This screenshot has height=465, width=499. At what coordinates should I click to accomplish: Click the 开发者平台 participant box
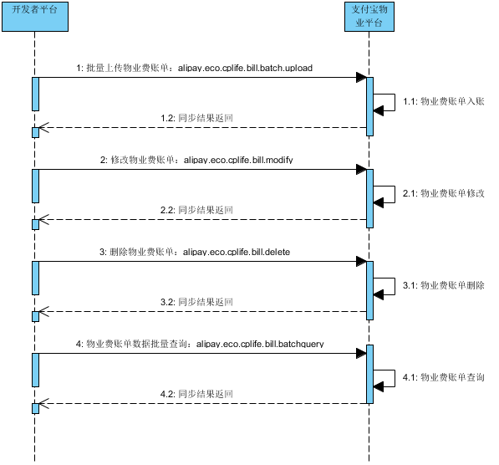[35, 17]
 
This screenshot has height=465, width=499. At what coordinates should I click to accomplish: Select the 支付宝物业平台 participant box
[369, 17]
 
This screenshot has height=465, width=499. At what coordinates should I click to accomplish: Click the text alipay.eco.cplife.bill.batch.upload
[245, 68]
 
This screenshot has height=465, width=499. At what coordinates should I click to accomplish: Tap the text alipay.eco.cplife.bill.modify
[238, 160]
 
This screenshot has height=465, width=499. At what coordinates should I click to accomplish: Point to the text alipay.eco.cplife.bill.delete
[237, 253]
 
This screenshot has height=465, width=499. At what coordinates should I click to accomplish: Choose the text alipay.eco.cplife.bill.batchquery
[260, 344]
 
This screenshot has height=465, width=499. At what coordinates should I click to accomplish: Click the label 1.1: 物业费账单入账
[444, 101]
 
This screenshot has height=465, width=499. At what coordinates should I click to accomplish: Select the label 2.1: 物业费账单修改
[444, 193]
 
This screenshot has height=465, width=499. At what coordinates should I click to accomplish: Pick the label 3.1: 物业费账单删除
[444, 285]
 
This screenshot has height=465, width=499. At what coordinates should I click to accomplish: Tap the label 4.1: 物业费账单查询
[444, 377]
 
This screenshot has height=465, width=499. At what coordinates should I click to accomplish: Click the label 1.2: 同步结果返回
[196, 118]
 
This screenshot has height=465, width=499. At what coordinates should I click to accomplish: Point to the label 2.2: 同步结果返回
[196, 210]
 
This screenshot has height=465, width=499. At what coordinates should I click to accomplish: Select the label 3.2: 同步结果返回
[196, 302]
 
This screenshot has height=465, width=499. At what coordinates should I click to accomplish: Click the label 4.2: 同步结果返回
[196, 394]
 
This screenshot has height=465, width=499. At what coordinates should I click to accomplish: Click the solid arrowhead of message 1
[361, 78]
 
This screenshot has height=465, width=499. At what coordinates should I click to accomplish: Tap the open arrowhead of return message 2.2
[44, 220]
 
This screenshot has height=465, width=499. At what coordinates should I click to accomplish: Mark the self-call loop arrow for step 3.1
[395, 287]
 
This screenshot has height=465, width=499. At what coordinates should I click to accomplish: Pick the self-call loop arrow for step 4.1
[395, 379]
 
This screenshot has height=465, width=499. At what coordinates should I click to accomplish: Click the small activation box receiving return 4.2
[36, 409]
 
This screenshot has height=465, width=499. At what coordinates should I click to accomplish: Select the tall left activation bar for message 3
[36, 278]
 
